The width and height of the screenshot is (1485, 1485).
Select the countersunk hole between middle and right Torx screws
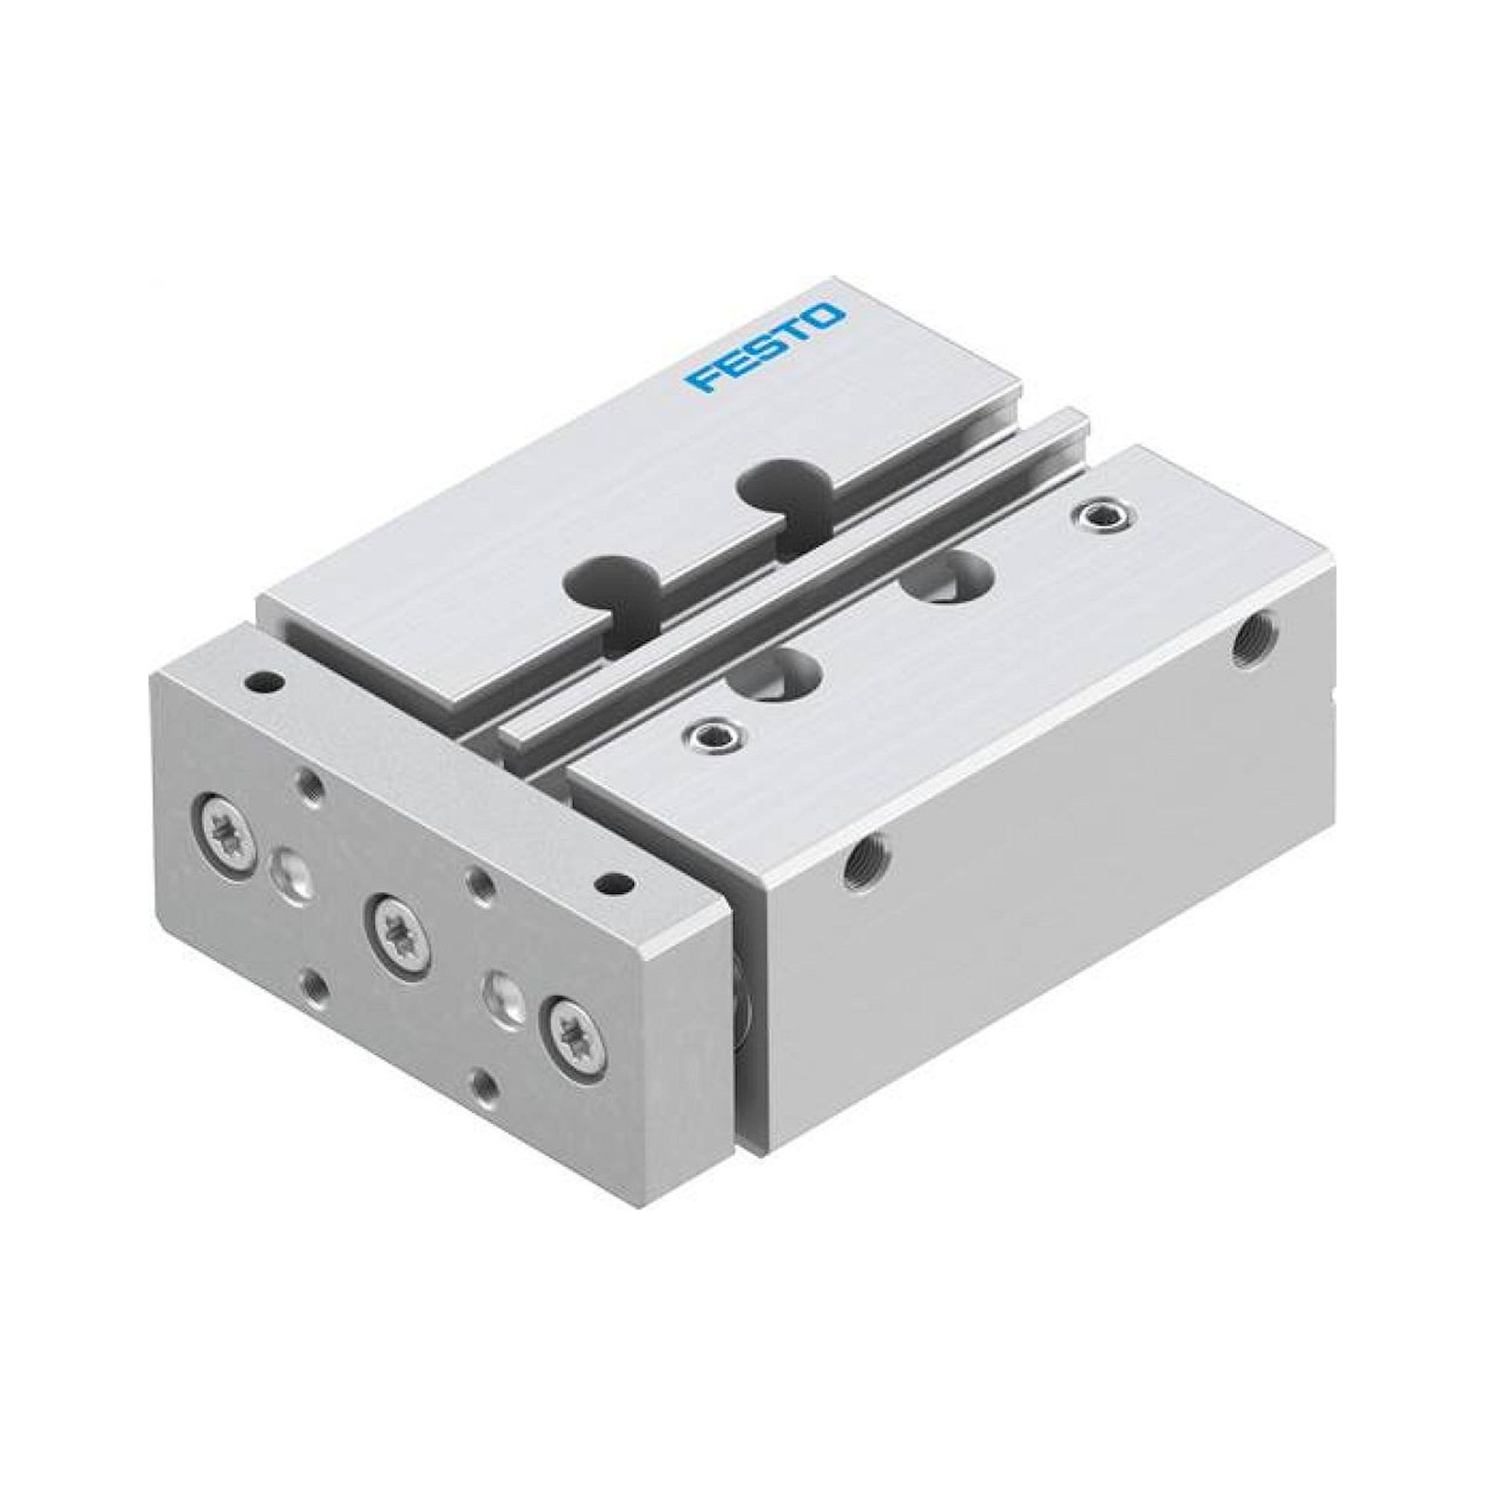click(500, 988)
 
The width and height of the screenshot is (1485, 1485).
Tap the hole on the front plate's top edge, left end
click(262, 680)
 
